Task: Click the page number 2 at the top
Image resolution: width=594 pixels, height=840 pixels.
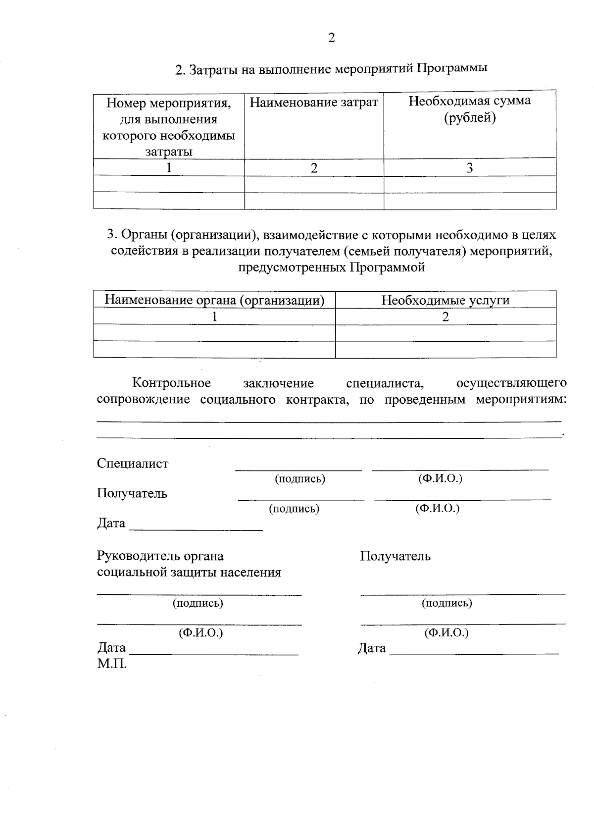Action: click(331, 38)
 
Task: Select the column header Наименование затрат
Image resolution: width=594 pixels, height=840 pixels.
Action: click(314, 103)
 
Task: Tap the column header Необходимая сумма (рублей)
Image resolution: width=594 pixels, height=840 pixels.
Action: click(469, 109)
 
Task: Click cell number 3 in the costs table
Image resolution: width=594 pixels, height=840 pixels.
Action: click(469, 168)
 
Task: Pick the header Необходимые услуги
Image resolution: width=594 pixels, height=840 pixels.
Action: click(445, 300)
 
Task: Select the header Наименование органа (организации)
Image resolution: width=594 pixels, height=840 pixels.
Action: click(214, 300)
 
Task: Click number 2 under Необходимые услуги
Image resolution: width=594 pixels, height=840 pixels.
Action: click(445, 317)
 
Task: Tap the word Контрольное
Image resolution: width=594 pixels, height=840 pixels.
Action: click(171, 383)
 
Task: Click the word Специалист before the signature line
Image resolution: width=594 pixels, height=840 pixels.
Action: click(133, 464)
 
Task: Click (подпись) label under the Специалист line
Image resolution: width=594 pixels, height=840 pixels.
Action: click(299, 479)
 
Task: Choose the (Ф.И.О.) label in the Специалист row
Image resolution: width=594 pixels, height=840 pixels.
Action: click(440, 478)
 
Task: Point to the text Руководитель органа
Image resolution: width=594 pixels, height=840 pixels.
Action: click(160, 556)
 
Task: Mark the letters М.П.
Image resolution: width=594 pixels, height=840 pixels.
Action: click(112, 664)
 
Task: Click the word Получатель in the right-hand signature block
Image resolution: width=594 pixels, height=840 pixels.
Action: click(395, 556)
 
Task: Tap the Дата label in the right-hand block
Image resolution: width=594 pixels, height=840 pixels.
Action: click(372, 648)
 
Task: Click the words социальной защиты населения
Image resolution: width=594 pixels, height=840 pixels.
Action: click(189, 573)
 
